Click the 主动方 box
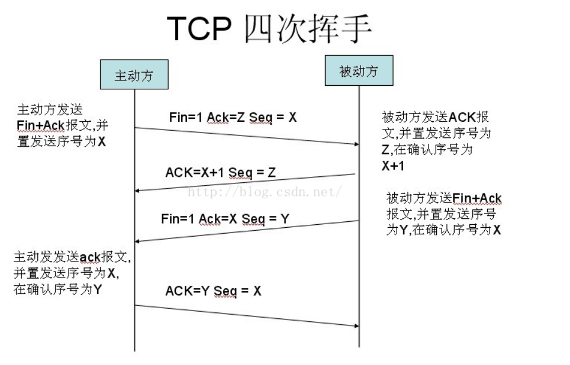click(x=134, y=75)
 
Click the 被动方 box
click(x=359, y=71)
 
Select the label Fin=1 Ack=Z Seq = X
click(x=233, y=117)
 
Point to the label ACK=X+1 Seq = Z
click(x=220, y=172)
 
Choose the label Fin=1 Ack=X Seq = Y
click(x=225, y=219)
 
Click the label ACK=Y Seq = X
click(x=213, y=290)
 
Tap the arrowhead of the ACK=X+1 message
click(x=139, y=190)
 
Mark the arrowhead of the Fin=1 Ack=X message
click(x=139, y=241)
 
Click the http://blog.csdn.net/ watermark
click(x=265, y=192)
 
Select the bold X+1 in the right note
click(x=393, y=166)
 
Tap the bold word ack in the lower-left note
click(x=91, y=257)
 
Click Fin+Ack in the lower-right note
click(x=477, y=198)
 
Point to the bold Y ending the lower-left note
click(x=98, y=290)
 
